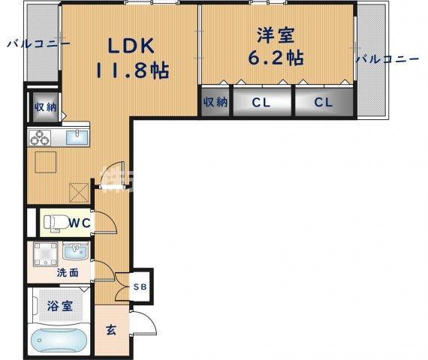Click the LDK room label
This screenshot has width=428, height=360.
(131, 46)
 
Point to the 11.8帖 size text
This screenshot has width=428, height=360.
(131, 72)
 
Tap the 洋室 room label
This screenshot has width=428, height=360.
(275, 35)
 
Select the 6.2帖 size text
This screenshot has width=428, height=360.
(276, 57)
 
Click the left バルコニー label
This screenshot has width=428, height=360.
(38, 44)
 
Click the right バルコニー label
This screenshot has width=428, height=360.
(387, 58)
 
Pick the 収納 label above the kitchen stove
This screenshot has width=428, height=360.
(43, 107)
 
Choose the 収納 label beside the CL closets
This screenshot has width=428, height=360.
(215, 102)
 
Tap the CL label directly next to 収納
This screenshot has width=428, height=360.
(261, 103)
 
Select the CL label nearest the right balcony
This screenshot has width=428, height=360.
(323, 103)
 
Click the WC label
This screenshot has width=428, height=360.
(80, 222)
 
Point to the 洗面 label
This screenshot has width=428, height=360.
(68, 273)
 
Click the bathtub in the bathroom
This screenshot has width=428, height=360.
(60, 341)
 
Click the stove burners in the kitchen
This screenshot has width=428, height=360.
(40, 137)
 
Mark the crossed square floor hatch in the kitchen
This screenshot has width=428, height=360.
(78, 193)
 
